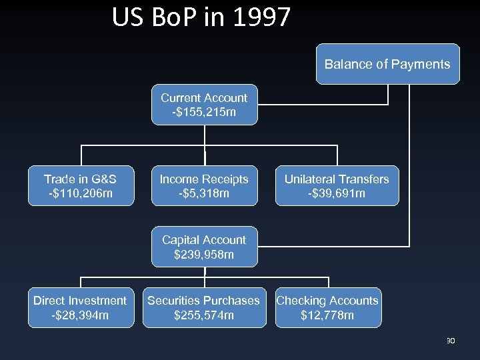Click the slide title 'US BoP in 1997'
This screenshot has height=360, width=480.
click(x=201, y=17)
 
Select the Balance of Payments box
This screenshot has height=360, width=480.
click(x=387, y=64)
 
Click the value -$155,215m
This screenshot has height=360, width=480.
click(x=204, y=113)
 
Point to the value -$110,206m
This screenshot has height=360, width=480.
click(x=80, y=194)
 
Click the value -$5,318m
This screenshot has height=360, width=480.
click(x=204, y=194)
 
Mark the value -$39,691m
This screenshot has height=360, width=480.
click(x=337, y=194)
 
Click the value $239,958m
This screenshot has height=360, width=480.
click(x=204, y=255)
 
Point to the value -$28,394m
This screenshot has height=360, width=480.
click(x=80, y=315)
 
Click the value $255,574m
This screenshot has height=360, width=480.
click(x=204, y=315)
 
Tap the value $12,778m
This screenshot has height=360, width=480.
click(x=328, y=315)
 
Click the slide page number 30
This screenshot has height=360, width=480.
click(x=450, y=341)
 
